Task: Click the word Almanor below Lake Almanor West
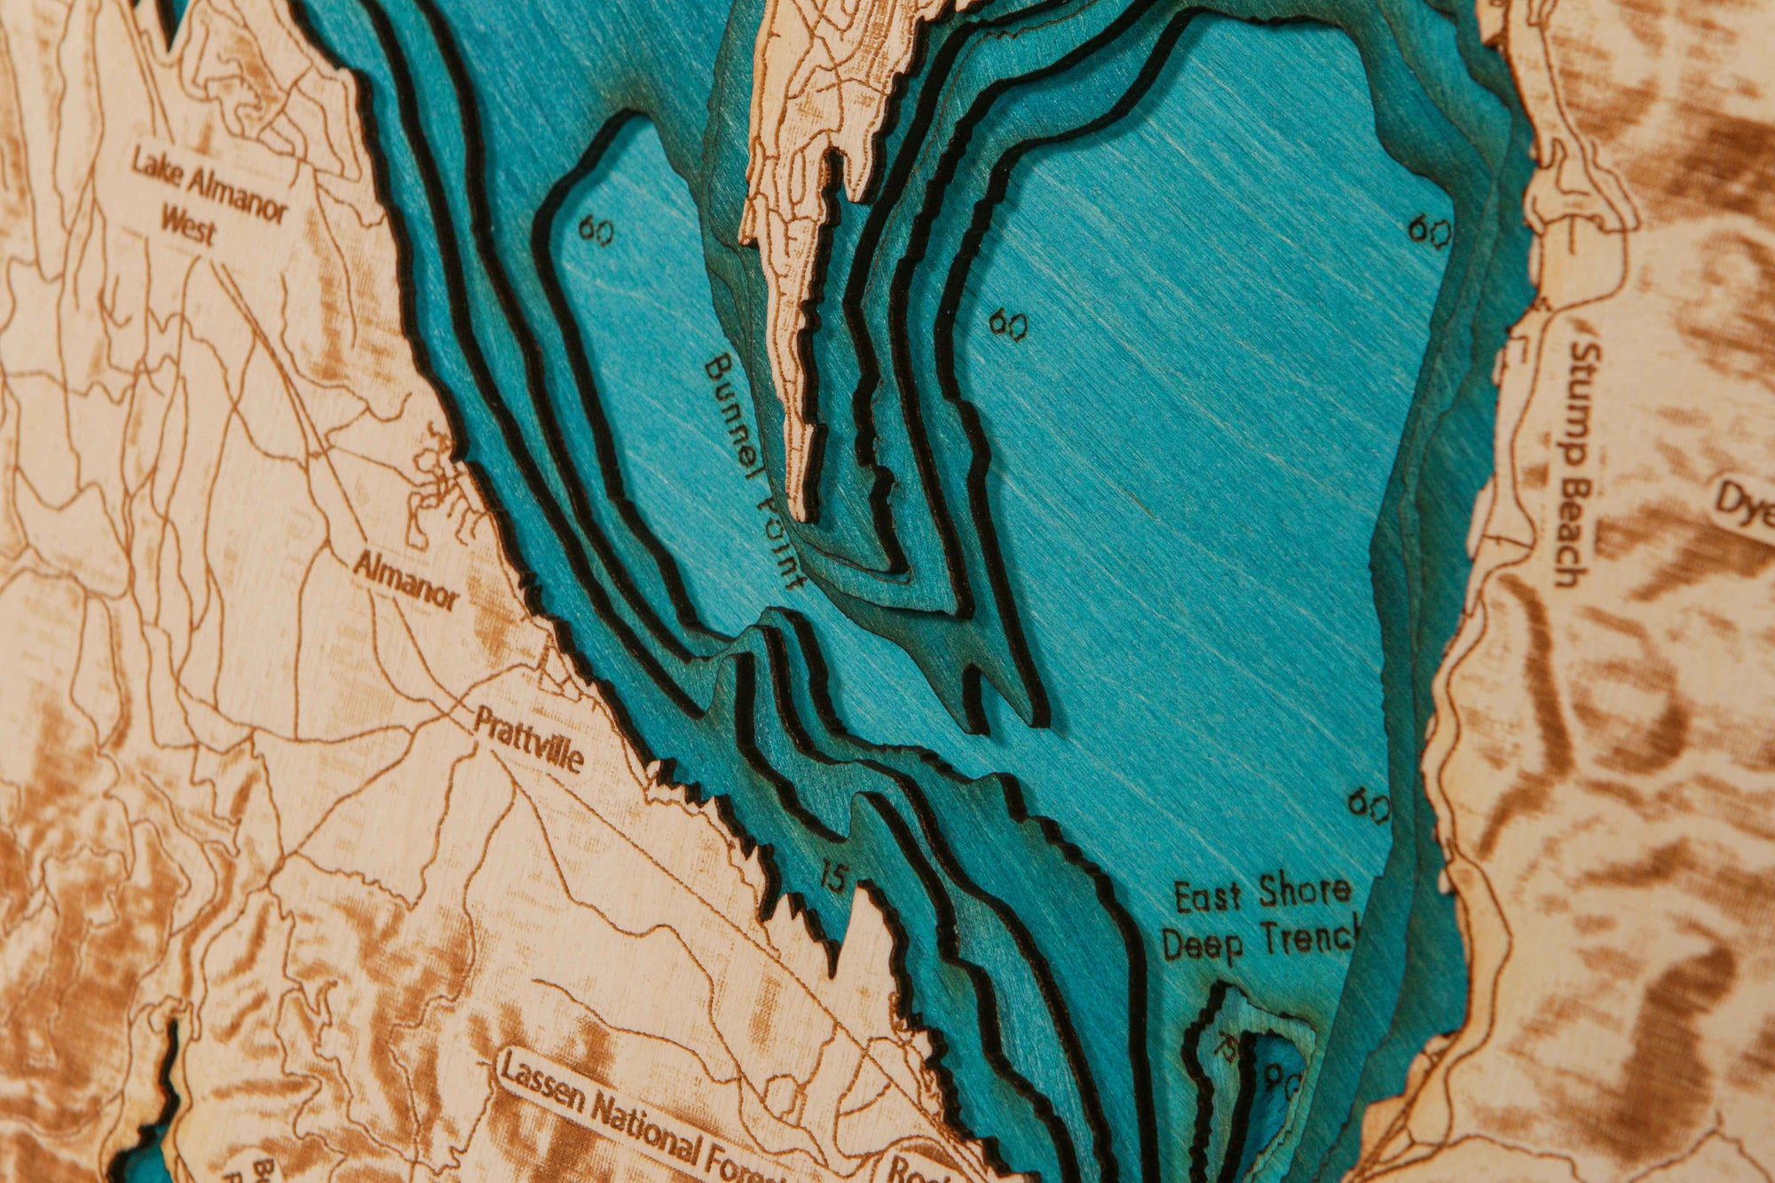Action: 407,581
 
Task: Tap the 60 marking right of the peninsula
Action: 1009,324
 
